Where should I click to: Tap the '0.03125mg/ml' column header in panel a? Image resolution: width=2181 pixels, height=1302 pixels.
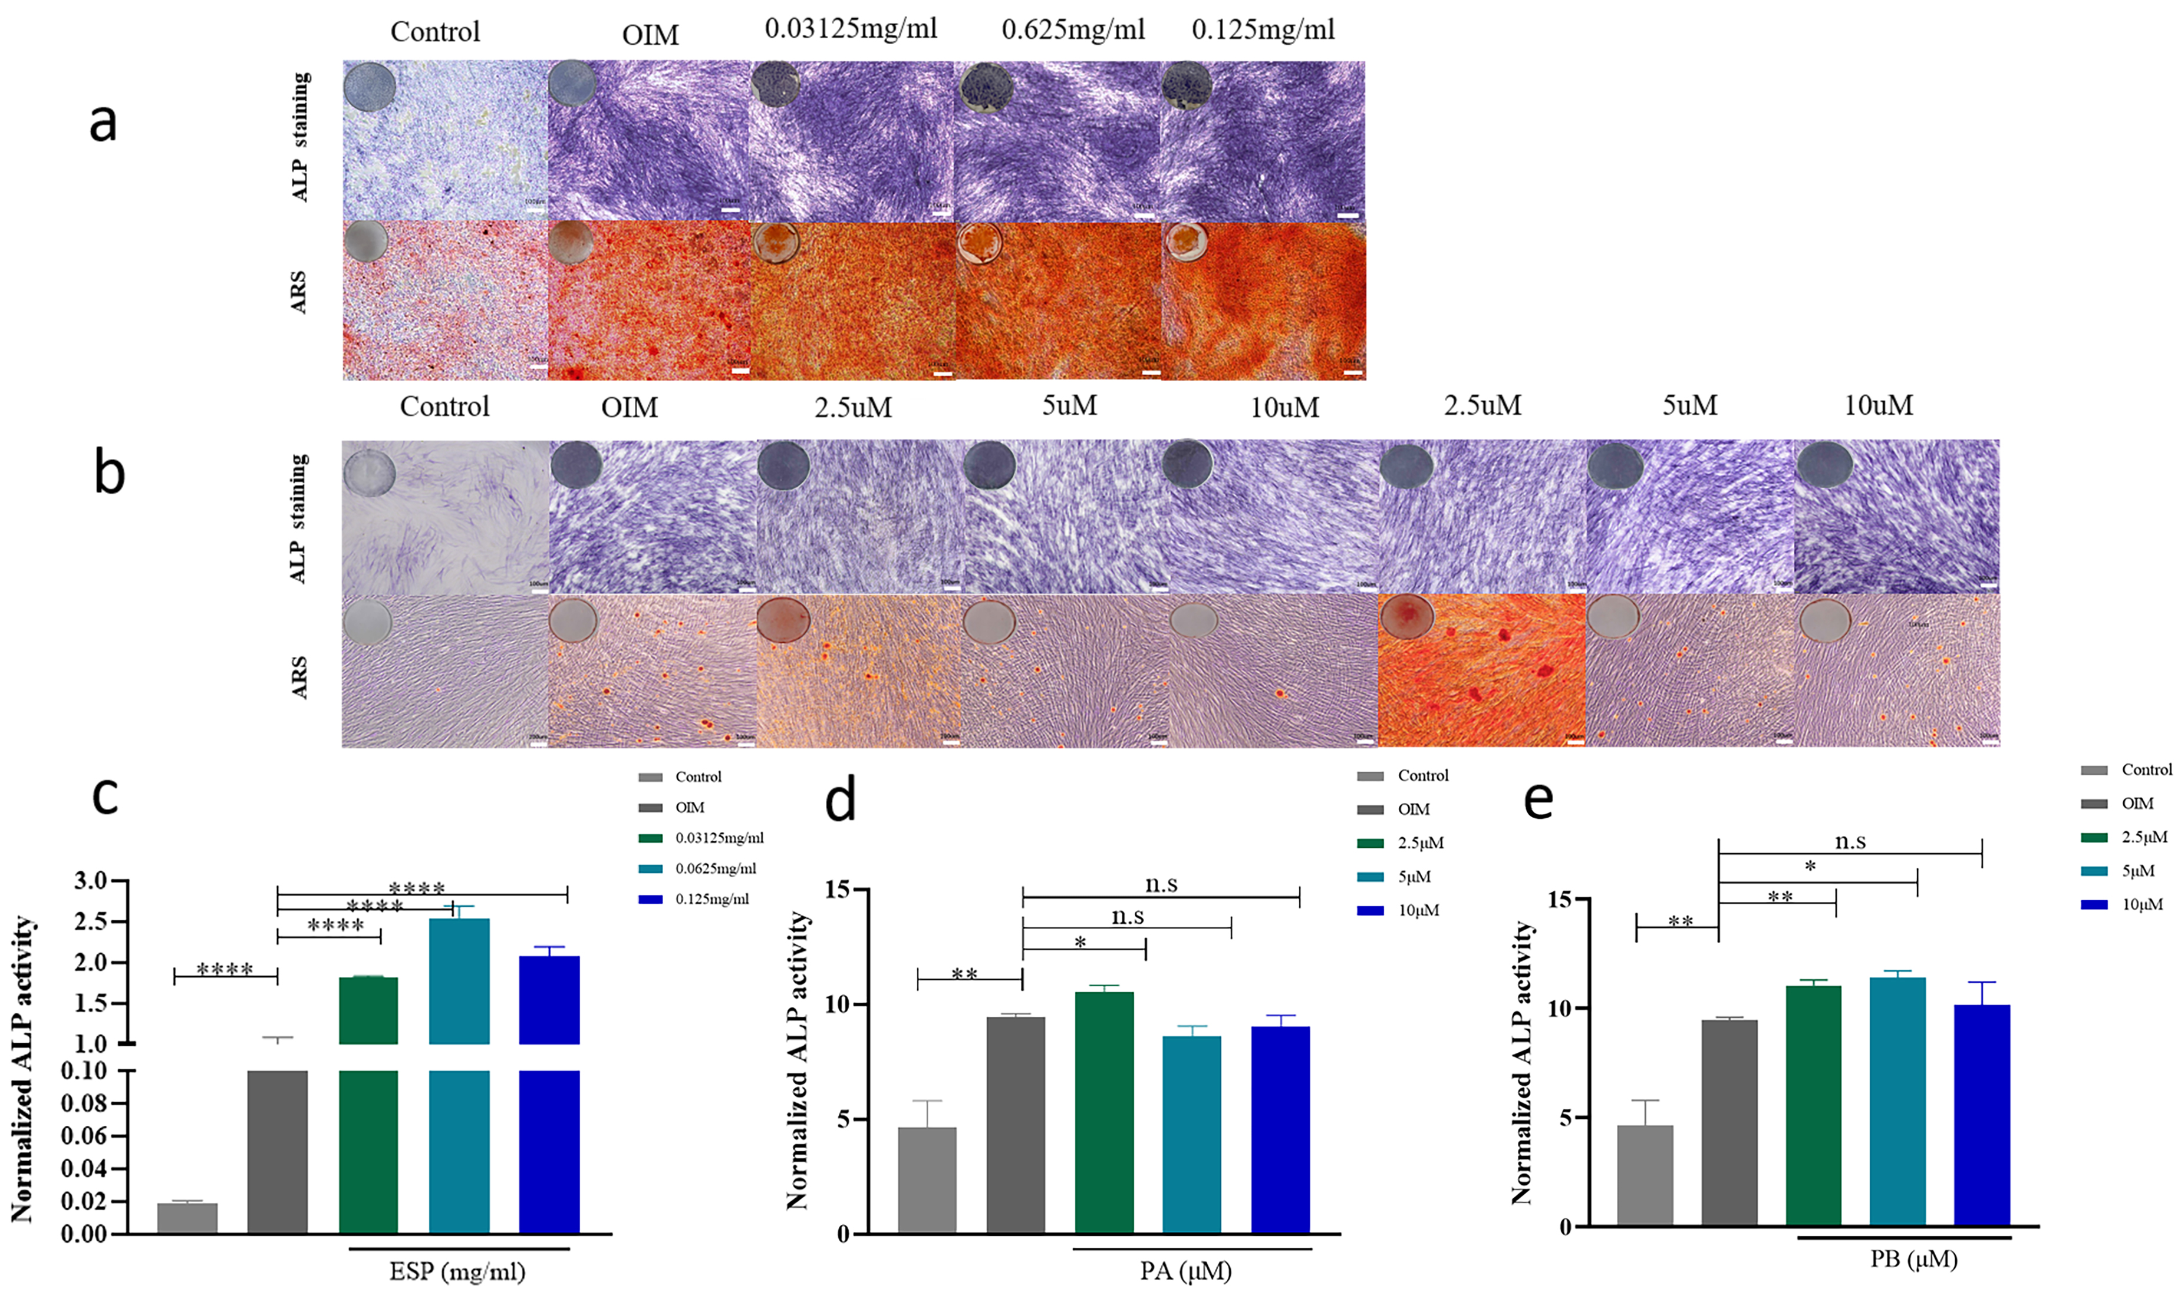[851, 29]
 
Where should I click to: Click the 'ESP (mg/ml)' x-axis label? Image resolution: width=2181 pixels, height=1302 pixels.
[457, 1271]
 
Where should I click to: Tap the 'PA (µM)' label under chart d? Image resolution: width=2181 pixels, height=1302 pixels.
[1186, 1270]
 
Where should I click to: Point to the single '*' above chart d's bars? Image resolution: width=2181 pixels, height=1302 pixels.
[1080, 942]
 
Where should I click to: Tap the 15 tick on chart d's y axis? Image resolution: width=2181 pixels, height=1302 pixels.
[837, 890]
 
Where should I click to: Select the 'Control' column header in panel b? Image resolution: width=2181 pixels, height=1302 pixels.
[444, 407]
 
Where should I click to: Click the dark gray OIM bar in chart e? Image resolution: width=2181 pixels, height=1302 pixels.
[1729, 1122]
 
